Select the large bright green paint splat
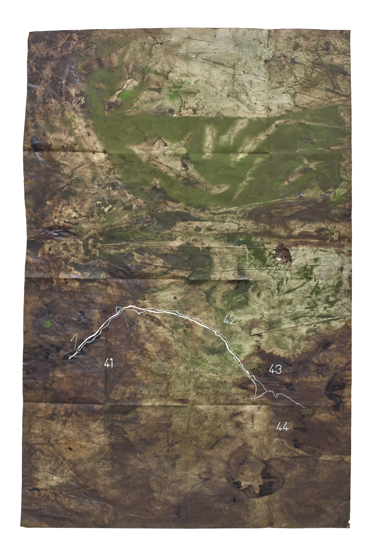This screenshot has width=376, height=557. pyautogui.click(x=48, y=324)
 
